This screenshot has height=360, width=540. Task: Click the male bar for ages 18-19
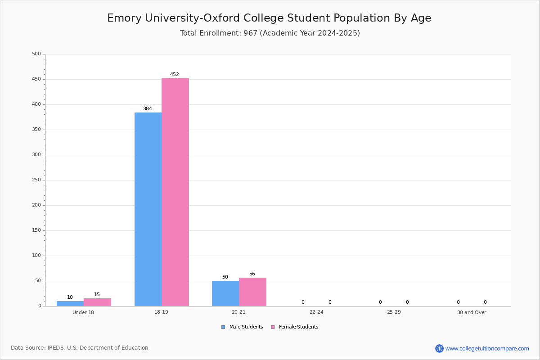point(148,209)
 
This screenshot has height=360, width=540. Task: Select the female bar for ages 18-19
point(175,192)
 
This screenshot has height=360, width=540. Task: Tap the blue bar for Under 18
point(70,304)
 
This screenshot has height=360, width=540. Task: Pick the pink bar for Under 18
point(97,302)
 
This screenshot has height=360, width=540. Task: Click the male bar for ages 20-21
point(225,293)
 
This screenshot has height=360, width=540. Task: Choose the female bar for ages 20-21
point(252,292)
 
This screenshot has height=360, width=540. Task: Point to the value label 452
point(175,74)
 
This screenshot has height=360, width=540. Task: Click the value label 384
point(148,108)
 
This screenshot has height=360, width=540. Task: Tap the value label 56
point(252,274)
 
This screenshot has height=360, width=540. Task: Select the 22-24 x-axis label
point(316,312)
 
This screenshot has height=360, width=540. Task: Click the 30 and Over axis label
point(472,312)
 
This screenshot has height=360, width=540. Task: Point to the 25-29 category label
point(394,312)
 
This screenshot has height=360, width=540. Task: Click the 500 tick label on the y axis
point(36,54)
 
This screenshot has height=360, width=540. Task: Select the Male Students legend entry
point(242,327)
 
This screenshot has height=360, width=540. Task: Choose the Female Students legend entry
point(295,327)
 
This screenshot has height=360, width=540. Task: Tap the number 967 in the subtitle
point(250,33)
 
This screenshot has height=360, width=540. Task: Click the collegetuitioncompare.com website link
point(487,348)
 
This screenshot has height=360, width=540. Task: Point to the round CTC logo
point(439,348)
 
